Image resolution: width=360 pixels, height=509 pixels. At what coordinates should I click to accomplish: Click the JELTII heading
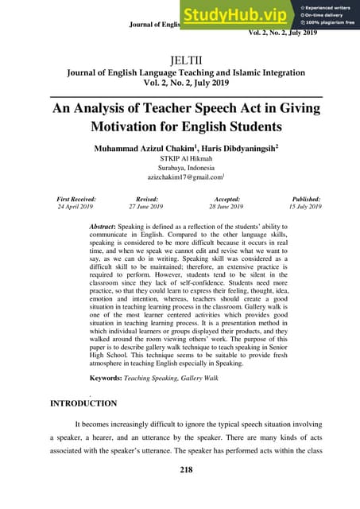tap(180, 59)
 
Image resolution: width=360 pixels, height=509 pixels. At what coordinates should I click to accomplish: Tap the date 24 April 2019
tap(75, 206)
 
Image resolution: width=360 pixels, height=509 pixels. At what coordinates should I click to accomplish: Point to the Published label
tap(305, 198)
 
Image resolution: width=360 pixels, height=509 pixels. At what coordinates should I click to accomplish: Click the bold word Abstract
tap(108, 227)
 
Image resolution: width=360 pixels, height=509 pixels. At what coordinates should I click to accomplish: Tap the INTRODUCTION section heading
tap(84, 403)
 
